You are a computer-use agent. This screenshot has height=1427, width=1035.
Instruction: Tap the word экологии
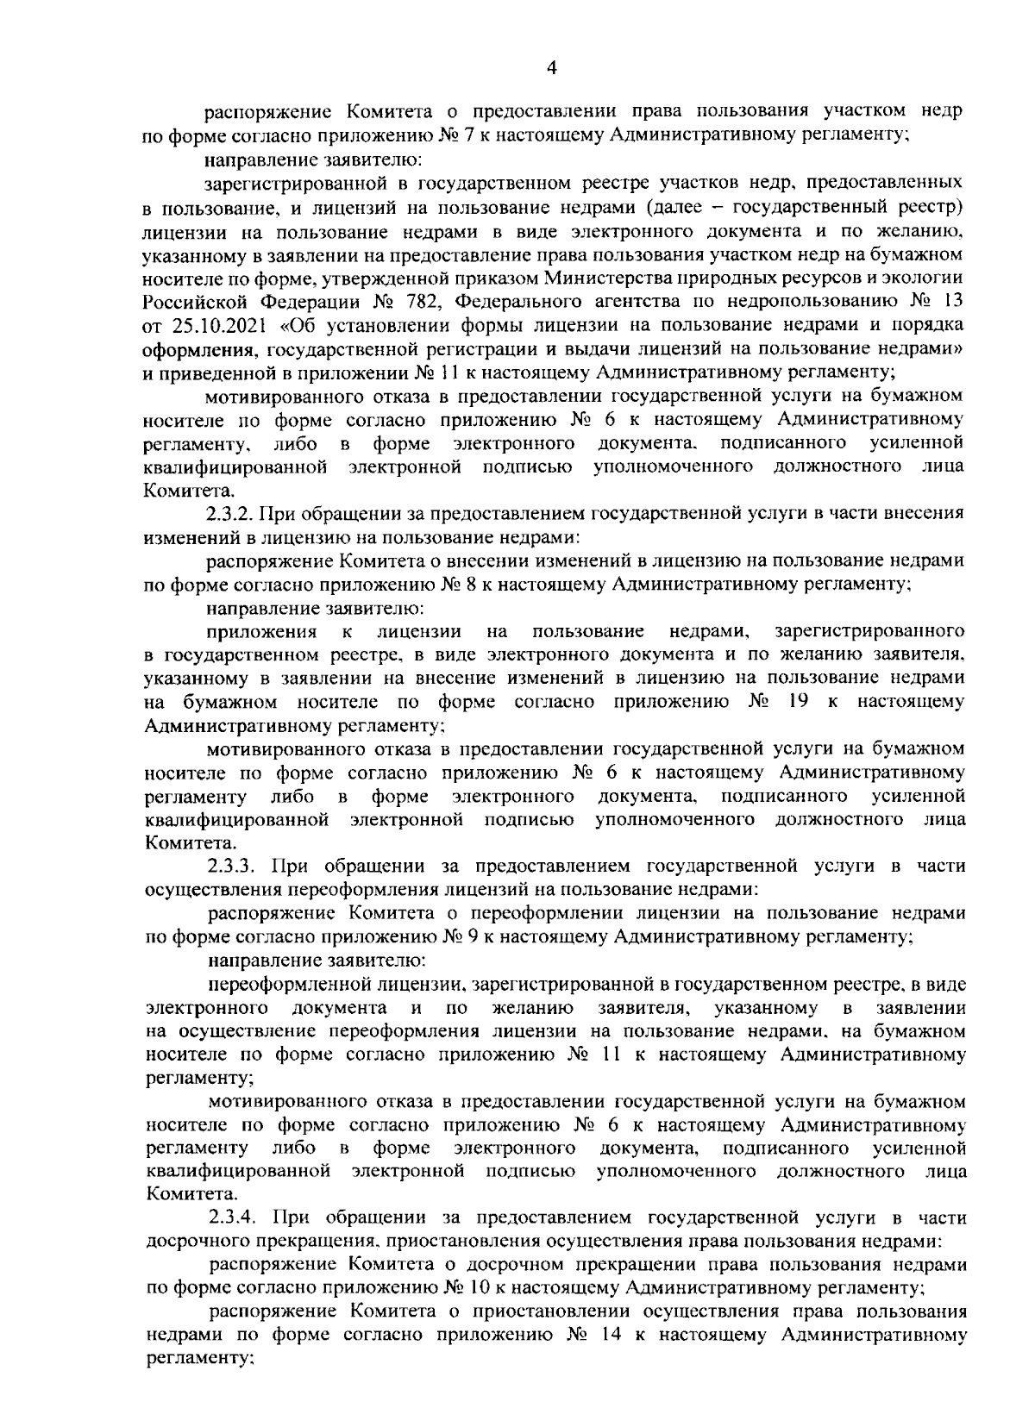(930, 278)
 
